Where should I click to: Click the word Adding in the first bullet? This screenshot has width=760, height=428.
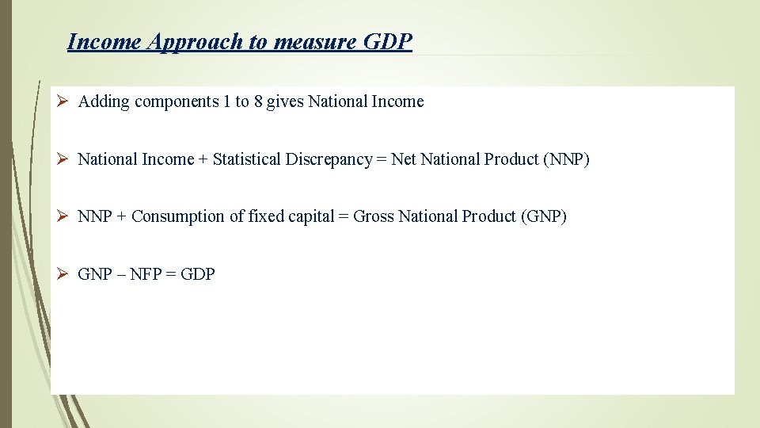pos(104,101)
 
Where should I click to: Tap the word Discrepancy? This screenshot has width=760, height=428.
pos(332,159)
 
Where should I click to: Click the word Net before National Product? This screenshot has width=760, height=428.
pos(403,159)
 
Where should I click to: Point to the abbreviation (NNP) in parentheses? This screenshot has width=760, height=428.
pos(566,159)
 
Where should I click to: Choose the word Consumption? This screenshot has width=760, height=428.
pos(178,216)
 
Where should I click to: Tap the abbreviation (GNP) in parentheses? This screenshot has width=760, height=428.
pos(543,216)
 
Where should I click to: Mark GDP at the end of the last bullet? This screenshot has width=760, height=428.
pos(198,274)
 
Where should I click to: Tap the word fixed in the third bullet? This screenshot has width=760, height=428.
pos(266,216)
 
